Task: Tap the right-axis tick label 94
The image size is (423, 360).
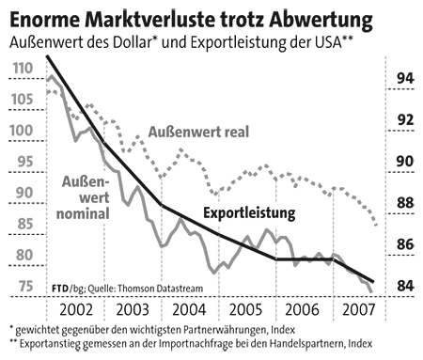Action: pyautogui.click(x=403, y=78)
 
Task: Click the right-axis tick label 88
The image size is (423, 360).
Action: pyautogui.click(x=403, y=203)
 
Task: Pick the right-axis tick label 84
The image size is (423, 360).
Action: pyautogui.click(x=403, y=286)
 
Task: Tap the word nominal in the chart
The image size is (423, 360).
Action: pyautogui.click(x=83, y=213)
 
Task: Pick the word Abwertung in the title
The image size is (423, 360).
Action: pyautogui.click(x=316, y=18)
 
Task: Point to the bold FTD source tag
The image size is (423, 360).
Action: pyautogui.click(x=58, y=287)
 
